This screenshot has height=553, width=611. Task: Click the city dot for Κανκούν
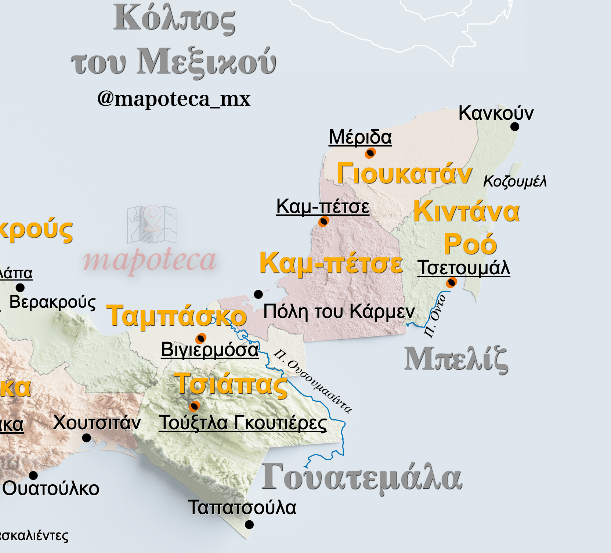pyautogui.click(x=515, y=127)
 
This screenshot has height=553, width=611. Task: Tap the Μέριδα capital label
pyautogui.click(x=360, y=137)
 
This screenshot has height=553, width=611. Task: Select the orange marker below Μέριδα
pyautogui.click(x=370, y=153)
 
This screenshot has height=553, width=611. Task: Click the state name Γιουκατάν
pyautogui.click(x=404, y=174)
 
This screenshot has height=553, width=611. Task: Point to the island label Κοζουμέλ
pyautogui.click(x=515, y=181)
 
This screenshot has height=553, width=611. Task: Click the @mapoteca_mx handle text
pyautogui.click(x=174, y=99)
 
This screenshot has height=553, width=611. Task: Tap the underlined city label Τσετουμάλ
pyautogui.click(x=464, y=268)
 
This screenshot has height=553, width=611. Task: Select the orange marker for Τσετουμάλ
pyautogui.click(x=451, y=282)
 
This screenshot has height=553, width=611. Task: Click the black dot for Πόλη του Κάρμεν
pyautogui.click(x=258, y=294)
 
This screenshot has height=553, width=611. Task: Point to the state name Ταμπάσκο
pyautogui.click(x=176, y=316)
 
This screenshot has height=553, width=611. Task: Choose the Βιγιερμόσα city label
pyautogui.click(x=210, y=350)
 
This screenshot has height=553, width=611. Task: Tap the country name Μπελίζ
pyautogui.click(x=456, y=359)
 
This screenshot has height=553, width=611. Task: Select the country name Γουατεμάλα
pyautogui.click(x=362, y=478)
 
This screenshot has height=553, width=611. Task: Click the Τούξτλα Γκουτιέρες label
pyautogui.click(x=243, y=423)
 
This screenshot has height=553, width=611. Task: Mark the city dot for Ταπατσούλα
pyautogui.click(x=249, y=524)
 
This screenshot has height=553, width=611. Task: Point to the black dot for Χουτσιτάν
pyautogui.click(x=87, y=438)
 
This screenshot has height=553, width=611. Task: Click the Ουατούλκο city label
pyautogui.click(x=51, y=489)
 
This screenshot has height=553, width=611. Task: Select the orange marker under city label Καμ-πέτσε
pyautogui.click(x=323, y=221)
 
